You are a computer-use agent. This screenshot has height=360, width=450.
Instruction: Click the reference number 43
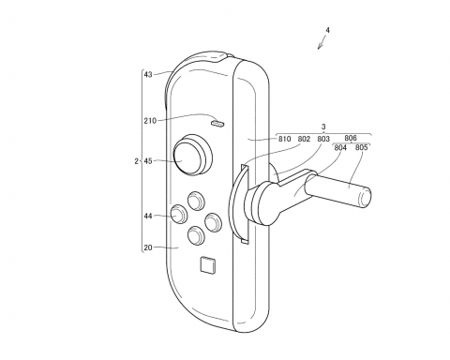pyautogui.click(x=147, y=75)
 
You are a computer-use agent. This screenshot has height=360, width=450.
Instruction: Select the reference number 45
pyautogui.click(x=147, y=161)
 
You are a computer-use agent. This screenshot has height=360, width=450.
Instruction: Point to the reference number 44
pyautogui.click(x=147, y=216)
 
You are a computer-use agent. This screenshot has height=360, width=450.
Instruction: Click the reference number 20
pyautogui.click(x=147, y=248)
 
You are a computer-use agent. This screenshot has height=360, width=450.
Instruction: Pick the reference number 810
pyautogui.click(x=286, y=140)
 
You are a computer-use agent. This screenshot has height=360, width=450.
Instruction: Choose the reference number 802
pyautogui.click(x=306, y=140)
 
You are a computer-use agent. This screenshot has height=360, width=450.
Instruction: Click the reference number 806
pyautogui.click(x=351, y=138)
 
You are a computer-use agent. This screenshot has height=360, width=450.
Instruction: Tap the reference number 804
pyautogui.click(x=339, y=148)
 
